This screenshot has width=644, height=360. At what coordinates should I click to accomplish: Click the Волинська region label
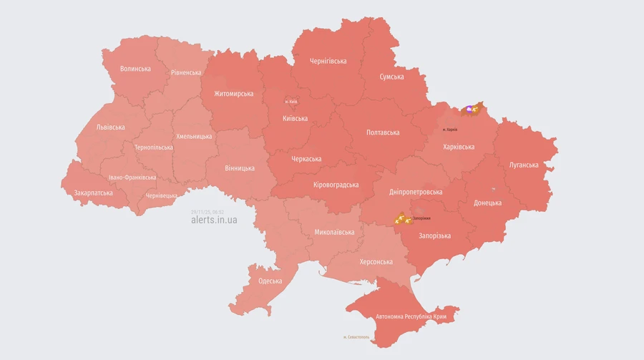click(135, 69)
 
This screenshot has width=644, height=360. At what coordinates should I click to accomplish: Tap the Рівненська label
click(186, 72)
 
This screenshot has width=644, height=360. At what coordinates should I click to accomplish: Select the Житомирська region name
click(233, 94)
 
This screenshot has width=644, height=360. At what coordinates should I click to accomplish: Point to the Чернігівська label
click(328, 61)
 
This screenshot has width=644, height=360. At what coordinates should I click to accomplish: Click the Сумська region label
click(391, 77)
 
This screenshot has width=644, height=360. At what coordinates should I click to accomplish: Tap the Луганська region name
click(524, 165)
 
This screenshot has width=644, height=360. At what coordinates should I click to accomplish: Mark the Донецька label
click(487, 203)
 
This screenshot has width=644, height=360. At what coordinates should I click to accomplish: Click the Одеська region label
click(270, 281)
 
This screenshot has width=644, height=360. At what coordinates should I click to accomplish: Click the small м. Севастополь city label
click(356, 337)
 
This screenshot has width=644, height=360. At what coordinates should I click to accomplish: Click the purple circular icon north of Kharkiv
click(469, 109)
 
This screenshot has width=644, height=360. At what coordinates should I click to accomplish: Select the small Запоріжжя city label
click(421, 218)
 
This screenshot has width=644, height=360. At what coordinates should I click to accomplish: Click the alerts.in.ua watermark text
click(214, 220)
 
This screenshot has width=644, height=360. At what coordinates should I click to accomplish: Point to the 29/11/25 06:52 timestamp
click(208, 212)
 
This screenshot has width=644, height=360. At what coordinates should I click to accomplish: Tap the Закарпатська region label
click(93, 193)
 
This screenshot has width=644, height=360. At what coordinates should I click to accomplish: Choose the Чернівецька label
click(161, 195)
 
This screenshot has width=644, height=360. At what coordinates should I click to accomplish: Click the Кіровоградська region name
click(336, 185)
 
